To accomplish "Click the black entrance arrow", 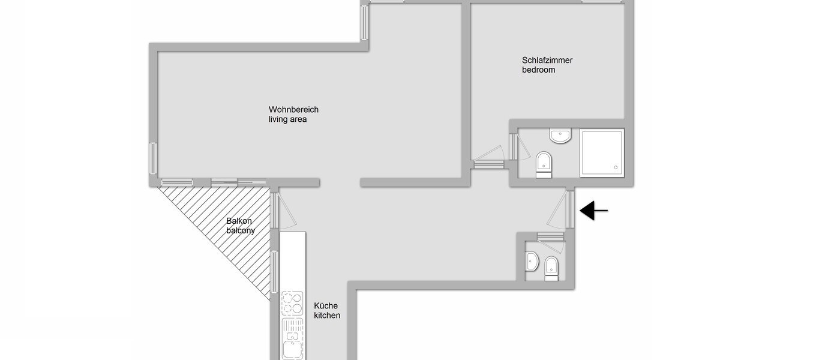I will coord(593,211).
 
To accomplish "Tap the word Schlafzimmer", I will coord(547,60).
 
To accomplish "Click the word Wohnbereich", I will coord(293,110).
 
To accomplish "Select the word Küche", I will coord(326,305).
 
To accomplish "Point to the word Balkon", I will coord(238,221).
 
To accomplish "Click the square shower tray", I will coord(602,152).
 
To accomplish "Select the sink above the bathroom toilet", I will coord(560,136).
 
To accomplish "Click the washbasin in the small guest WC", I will coord(532,261).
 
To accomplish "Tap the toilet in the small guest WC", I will coord(551,268).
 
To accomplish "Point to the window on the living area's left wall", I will coord(153,158).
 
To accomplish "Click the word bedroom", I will coord(538,70).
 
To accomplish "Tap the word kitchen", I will coord(327,316).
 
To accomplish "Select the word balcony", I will coord(241,230).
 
